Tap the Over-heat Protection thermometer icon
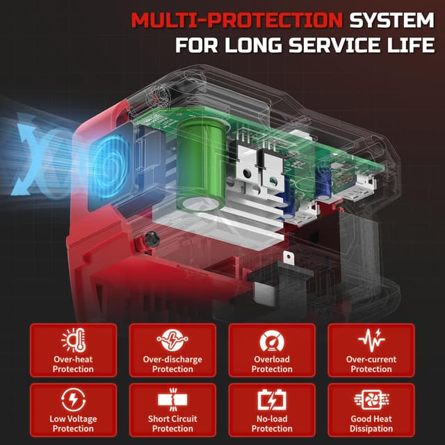click(x=73, y=341)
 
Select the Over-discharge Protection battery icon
click(x=172, y=341)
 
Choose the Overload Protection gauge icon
click(x=272, y=341)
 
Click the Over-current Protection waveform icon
click(x=371, y=341)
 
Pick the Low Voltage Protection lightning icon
click(x=73, y=400)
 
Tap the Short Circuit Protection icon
click(x=172, y=401)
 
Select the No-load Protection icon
click(x=272, y=401)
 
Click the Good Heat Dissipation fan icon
click(x=371, y=400)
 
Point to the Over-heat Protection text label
click(x=73, y=364)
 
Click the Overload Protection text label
click(x=272, y=364)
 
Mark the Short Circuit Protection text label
click(x=172, y=423)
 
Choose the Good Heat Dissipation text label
click(x=371, y=423)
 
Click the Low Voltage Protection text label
click(x=73, y=423)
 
